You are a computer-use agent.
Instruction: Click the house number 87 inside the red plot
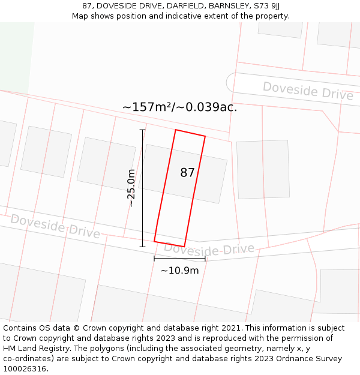[x=187, y=173]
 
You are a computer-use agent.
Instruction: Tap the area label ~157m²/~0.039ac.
[x=180, y=107]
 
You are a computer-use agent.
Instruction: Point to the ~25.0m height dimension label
[x=131, y=188]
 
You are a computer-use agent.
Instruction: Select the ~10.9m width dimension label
[x=179, y=271]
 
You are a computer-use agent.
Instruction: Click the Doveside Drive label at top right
[x=308, y=91]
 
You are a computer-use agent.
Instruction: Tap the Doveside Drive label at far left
[x=55, y=226]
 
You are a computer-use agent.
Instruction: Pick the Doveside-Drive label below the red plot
[x=209, y=248]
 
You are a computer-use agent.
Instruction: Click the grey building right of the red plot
[x=263, y=169]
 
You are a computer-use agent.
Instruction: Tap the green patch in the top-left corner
[x=14, y=57]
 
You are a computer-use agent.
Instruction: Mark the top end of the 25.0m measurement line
[x=142, y=130]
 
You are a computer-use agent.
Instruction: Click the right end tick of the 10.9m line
[x=205, y=259]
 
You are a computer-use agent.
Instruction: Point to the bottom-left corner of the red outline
[x=154, y=241]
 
